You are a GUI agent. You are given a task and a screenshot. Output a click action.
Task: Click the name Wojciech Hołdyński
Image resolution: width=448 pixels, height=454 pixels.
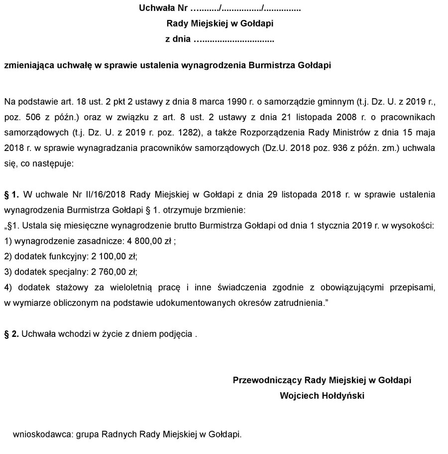click(x=322, y=396)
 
